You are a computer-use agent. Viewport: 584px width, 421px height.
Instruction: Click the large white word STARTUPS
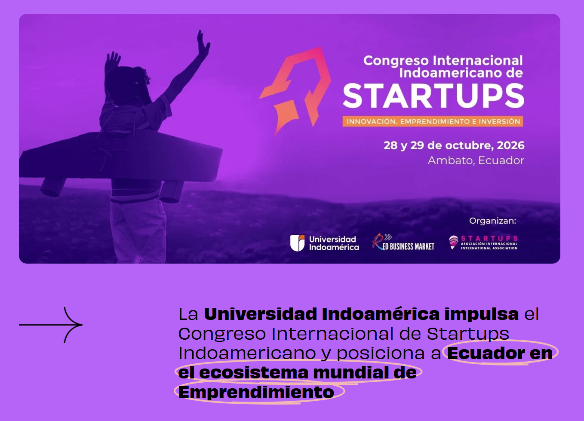click(x=433, y=96)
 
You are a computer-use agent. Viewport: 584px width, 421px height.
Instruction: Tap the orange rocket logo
click(x=295, y=91)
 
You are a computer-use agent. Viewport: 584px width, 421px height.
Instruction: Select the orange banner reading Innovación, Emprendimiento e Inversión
click(x=433, y=121)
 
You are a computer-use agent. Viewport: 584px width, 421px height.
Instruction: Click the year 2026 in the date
click(x=510, y=145)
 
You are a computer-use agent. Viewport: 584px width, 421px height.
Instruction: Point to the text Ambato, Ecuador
click(x=476, y=160)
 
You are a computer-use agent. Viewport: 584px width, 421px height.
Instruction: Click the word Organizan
click(x=492, y=221)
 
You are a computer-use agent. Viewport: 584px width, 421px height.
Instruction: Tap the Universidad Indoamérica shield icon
click(x=297, y=243)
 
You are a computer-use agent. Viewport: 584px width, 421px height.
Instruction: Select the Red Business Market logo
click(x=403, y=243)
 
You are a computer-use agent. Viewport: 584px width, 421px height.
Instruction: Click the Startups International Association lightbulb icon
click(x=453, y=242)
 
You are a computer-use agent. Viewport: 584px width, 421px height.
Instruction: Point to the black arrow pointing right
click(x=51, y=325)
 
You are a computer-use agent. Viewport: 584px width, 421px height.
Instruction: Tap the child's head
click(x=128, y=84)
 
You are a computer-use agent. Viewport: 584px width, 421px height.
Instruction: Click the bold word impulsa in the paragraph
click(x=482, y=314)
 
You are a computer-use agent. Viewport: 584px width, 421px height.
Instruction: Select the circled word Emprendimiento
click(x=256, y=392)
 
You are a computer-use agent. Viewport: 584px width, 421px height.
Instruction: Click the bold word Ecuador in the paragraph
click(x=486, y=353)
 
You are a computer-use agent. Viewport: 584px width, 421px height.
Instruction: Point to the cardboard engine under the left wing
click(x=53, y=187)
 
